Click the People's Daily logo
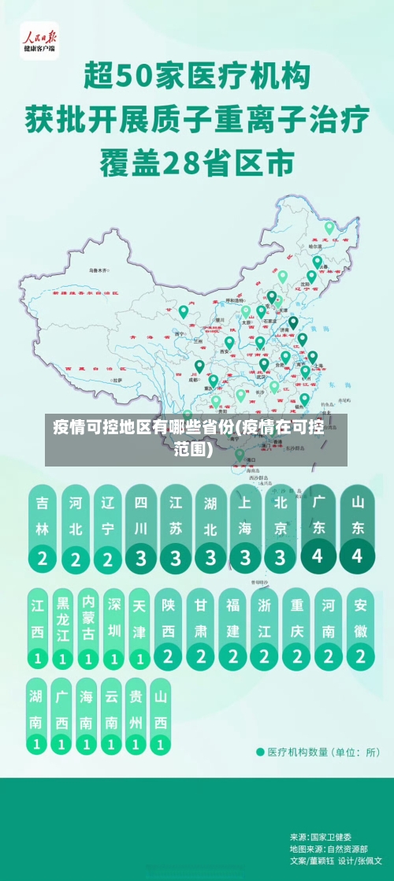[39, 39]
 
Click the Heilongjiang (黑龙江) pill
[63, 627]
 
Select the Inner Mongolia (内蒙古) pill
[88, 627]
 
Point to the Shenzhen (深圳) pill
[114, 627]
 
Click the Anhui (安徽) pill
[361, 627]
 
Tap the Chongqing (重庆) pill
[297, 627]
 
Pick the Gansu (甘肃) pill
[201, 627]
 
